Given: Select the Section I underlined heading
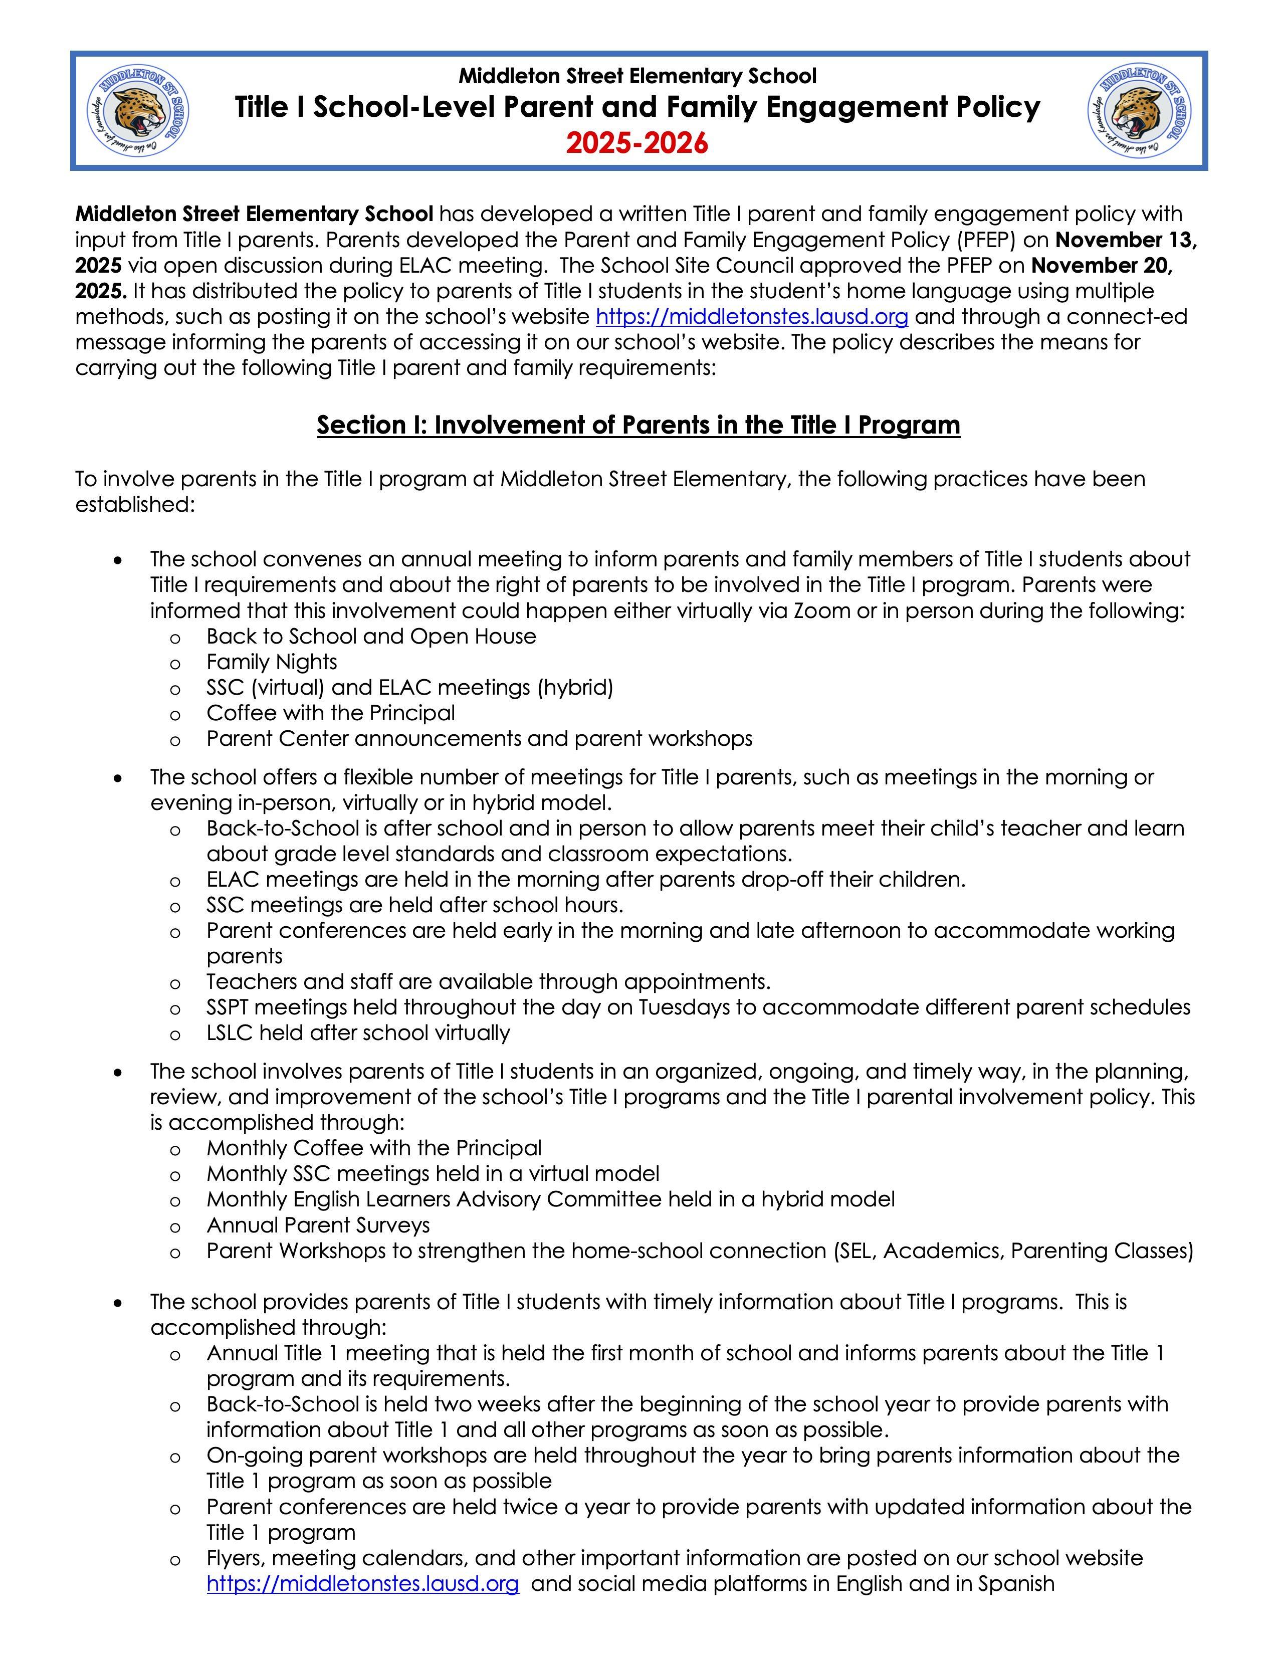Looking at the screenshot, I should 638,425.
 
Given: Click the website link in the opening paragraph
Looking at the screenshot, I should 752,317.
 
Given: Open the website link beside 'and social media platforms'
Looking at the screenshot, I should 363,1583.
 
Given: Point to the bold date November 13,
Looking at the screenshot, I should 1126,240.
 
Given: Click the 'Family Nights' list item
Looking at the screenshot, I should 271,662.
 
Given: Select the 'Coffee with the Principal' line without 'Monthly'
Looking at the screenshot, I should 330,713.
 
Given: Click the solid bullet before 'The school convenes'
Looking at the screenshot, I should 117,560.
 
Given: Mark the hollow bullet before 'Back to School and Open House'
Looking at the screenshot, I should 175,638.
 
